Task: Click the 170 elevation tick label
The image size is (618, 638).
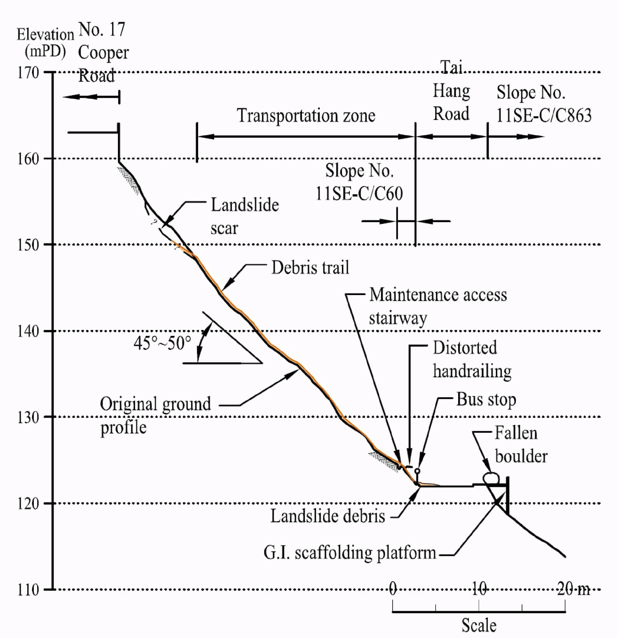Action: (28, 73)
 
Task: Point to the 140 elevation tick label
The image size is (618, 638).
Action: (28, 331)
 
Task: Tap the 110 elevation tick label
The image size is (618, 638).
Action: (28, 590)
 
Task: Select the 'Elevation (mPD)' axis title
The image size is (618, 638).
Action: (44, 43)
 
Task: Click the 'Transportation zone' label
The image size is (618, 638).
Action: (306, 115)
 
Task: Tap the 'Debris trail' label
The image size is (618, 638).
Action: (310, 268)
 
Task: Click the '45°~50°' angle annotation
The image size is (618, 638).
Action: (162, 343)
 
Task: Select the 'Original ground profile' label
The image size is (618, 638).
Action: (155, 415)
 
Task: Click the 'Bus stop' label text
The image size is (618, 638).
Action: (486, 400)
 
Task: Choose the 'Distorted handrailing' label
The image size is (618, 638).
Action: (472, 359)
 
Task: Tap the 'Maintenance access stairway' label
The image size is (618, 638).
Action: (438, 306)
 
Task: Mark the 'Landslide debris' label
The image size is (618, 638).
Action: (328, 516)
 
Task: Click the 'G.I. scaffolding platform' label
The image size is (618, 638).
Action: (349, 553)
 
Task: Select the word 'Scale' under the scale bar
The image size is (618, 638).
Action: (479, 625)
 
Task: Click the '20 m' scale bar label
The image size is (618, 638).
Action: (574, 589)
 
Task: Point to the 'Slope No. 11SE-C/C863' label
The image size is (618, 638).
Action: (543, 104)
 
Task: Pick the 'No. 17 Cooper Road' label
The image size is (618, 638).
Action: (103, 52)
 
